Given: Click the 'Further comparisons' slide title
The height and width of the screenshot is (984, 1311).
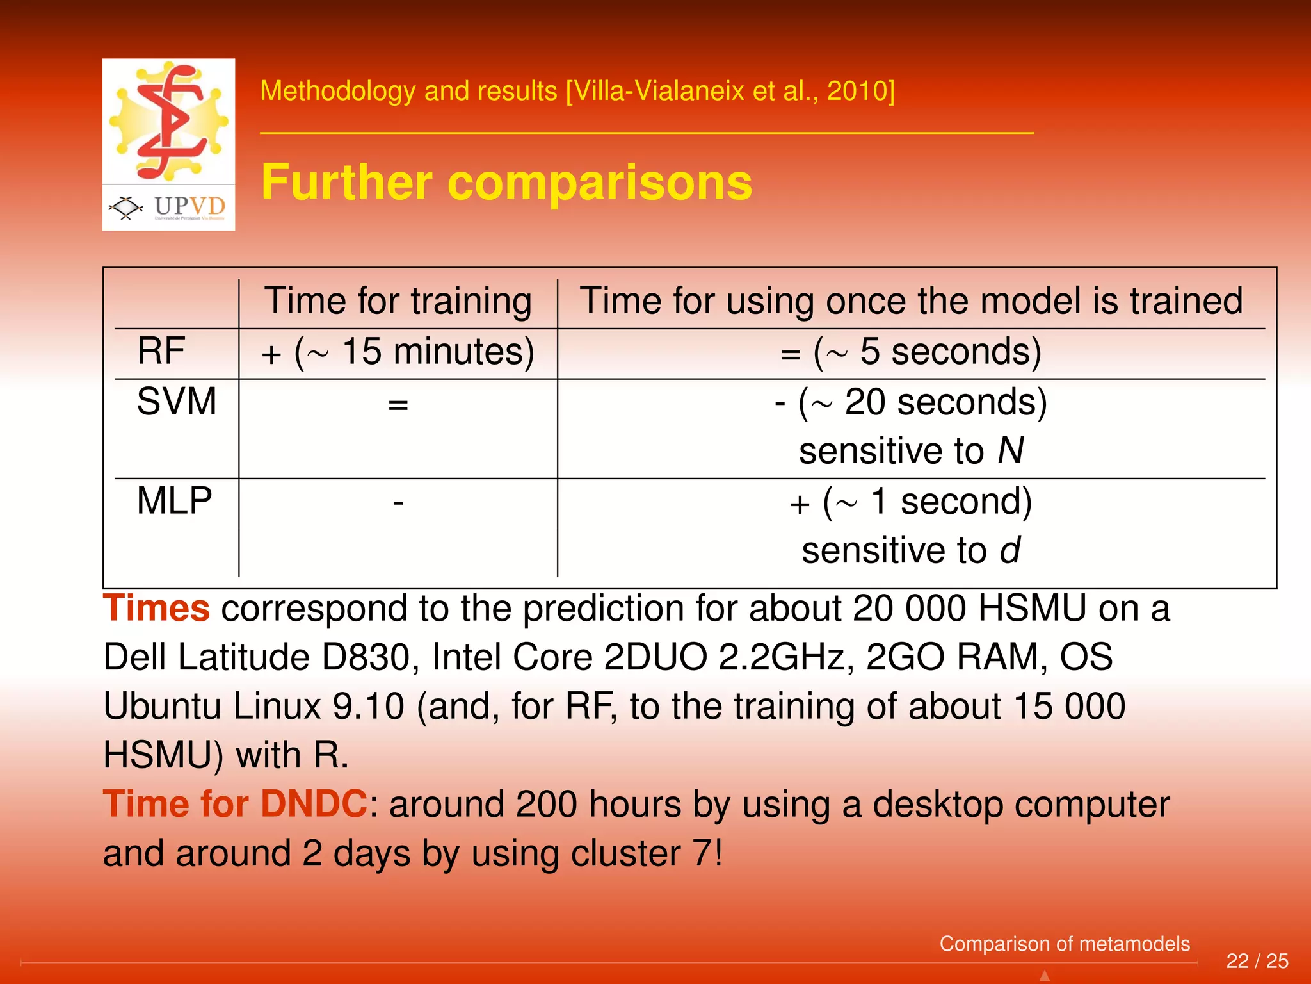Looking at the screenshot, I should [506, 183].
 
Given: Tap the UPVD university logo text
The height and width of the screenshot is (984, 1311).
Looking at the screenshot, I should [189, 206].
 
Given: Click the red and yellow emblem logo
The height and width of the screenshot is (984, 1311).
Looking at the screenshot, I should [168, 120].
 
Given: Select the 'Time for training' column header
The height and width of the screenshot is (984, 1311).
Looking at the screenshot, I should [398, 301].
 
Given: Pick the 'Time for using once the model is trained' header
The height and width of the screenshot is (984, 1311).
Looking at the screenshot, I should [910, 301].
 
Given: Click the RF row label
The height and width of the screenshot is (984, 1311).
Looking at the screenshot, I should [161, 351].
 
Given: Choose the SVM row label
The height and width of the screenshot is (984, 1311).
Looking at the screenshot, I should [177, 402].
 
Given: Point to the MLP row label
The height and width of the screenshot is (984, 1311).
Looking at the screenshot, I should [174, 500].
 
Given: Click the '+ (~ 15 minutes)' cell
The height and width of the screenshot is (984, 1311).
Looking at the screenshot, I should [398, 352].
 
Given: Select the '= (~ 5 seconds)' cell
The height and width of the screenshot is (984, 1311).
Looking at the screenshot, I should [910, 352].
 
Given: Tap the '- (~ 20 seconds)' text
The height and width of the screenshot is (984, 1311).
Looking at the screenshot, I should [910, 402].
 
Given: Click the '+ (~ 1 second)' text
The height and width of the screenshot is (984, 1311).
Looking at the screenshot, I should [910, 502].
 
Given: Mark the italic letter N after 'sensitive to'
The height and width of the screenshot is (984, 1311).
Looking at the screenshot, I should [1010, 450].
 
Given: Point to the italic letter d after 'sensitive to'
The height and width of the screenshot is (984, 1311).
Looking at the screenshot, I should [1009, 550].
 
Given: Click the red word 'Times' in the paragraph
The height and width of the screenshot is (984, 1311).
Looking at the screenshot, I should [156, 608].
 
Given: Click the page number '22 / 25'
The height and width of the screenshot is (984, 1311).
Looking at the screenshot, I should [1257, 961].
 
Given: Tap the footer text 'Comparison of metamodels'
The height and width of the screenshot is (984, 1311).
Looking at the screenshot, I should [1064, 944].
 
